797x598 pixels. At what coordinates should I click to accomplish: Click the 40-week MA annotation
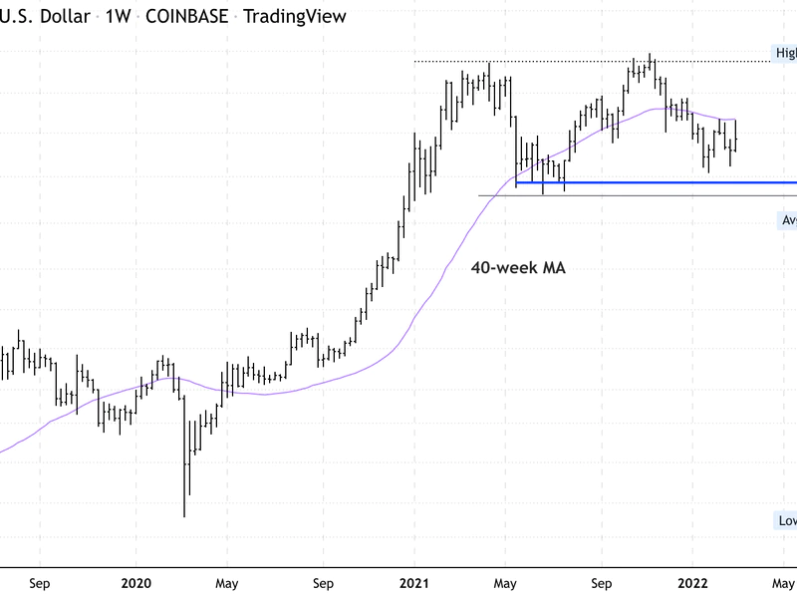518,267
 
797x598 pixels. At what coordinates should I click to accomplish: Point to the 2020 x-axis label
135,584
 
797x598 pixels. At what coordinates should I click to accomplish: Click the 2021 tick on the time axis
415,584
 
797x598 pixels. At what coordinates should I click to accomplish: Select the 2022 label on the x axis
694,584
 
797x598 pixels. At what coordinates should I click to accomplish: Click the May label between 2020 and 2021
226,584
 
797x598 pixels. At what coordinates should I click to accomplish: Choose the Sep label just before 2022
601,584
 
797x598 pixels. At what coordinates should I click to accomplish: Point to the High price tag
786,53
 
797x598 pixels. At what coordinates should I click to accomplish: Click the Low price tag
786,521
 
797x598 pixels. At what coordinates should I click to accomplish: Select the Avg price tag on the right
786,220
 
